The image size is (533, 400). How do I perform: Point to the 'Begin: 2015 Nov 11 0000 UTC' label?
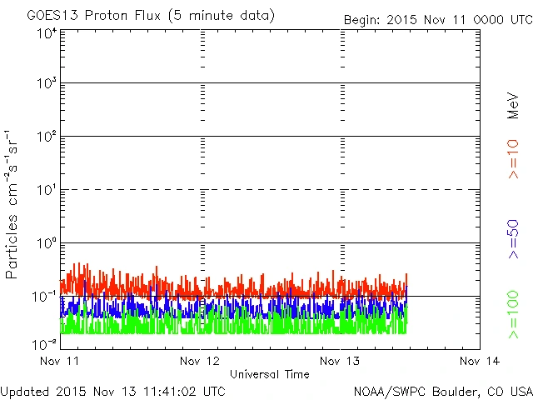point(437,18)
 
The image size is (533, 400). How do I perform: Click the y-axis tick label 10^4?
point(46,32)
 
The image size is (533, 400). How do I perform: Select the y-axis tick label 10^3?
point(46,85)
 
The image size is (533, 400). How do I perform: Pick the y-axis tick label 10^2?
point(46,138)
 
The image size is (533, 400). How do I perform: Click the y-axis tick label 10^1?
point(46,192)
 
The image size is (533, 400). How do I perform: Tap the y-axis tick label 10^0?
point(46,245)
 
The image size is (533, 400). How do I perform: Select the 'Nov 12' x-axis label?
point(200,361)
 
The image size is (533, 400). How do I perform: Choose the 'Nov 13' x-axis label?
point(340,361)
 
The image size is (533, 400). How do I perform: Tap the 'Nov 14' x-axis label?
point(480,361)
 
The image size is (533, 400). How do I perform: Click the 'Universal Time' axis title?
point(269,374)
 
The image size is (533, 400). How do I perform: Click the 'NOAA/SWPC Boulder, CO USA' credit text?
point(441,390)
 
